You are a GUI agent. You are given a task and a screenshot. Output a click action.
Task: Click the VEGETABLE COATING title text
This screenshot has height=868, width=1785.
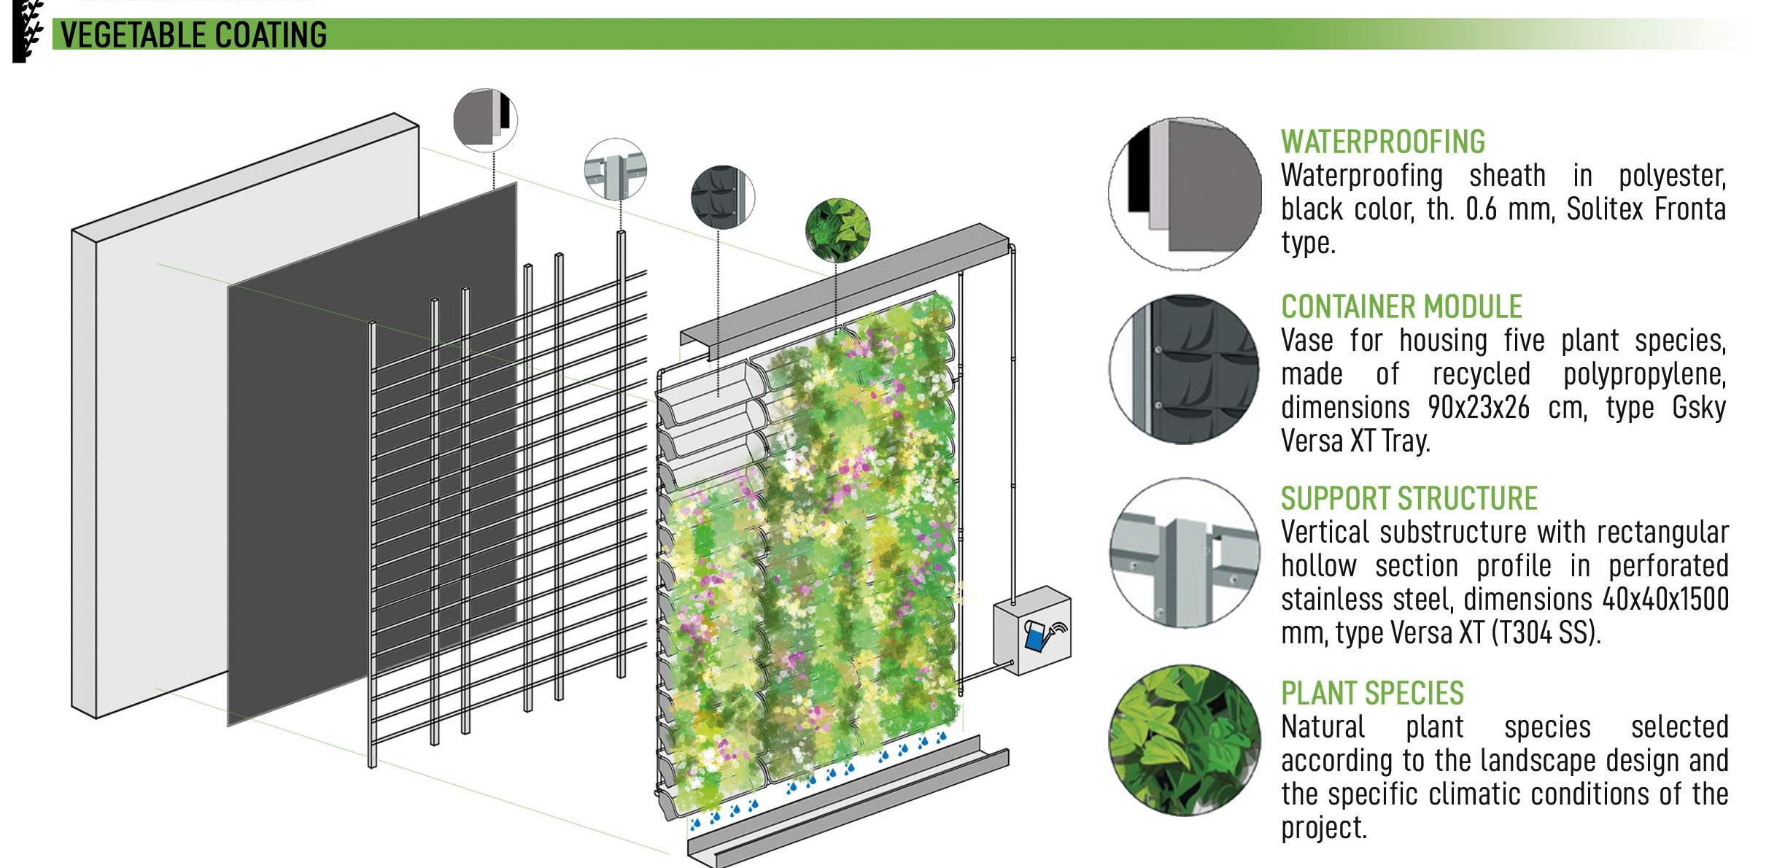point(193,35)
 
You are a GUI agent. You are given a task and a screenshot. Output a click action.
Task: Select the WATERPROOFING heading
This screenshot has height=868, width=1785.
point(1382,142)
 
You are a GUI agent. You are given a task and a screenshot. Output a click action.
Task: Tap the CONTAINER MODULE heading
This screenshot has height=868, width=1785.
point(1401,306)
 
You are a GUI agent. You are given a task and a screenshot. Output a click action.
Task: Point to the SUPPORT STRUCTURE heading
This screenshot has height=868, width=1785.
point(1409,499)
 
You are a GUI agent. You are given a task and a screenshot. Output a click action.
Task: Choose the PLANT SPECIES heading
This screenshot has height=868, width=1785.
point(1372,693)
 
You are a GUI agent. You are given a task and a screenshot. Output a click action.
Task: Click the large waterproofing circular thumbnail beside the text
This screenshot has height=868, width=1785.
point(1185,194)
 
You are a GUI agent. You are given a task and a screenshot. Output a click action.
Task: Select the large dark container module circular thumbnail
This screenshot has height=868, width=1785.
point(1185,369)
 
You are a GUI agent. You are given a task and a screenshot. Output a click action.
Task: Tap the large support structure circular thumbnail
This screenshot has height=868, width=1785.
point(1185,553)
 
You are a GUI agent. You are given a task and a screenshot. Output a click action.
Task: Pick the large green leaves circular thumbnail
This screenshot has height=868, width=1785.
point(1185,740)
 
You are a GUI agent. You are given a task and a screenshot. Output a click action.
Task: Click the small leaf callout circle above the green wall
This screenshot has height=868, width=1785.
point(837,230)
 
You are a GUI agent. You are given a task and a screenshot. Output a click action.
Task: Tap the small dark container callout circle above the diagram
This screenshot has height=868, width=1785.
point(722,197)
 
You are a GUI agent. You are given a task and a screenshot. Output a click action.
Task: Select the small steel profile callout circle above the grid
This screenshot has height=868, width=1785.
point(616,169)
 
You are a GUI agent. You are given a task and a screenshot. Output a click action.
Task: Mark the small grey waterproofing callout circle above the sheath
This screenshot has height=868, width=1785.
point(485,120)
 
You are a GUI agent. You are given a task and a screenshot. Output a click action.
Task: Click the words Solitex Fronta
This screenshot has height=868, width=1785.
point(1646,209)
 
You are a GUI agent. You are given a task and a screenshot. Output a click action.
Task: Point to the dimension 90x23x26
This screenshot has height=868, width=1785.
point(1478,408)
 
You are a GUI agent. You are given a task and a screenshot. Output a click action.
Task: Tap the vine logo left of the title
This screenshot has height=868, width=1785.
point(28,31)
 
